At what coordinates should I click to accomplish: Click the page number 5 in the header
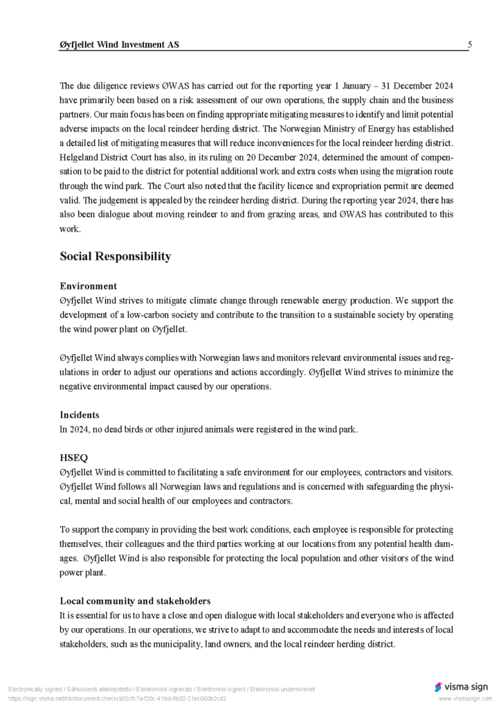point(470,45)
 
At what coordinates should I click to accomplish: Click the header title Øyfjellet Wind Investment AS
point(119,45)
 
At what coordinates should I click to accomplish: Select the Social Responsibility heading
point(115,256)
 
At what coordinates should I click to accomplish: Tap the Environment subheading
point(88,286)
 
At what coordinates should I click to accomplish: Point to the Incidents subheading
point(79,415)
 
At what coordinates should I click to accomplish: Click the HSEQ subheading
point(73,458)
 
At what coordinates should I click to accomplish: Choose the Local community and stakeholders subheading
point(135,601)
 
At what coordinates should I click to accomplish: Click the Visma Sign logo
point(461,687)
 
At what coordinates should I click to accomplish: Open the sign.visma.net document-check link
point(117,699)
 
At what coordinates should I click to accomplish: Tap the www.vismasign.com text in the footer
point(465,699)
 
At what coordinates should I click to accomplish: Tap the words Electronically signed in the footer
point(35,690)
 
